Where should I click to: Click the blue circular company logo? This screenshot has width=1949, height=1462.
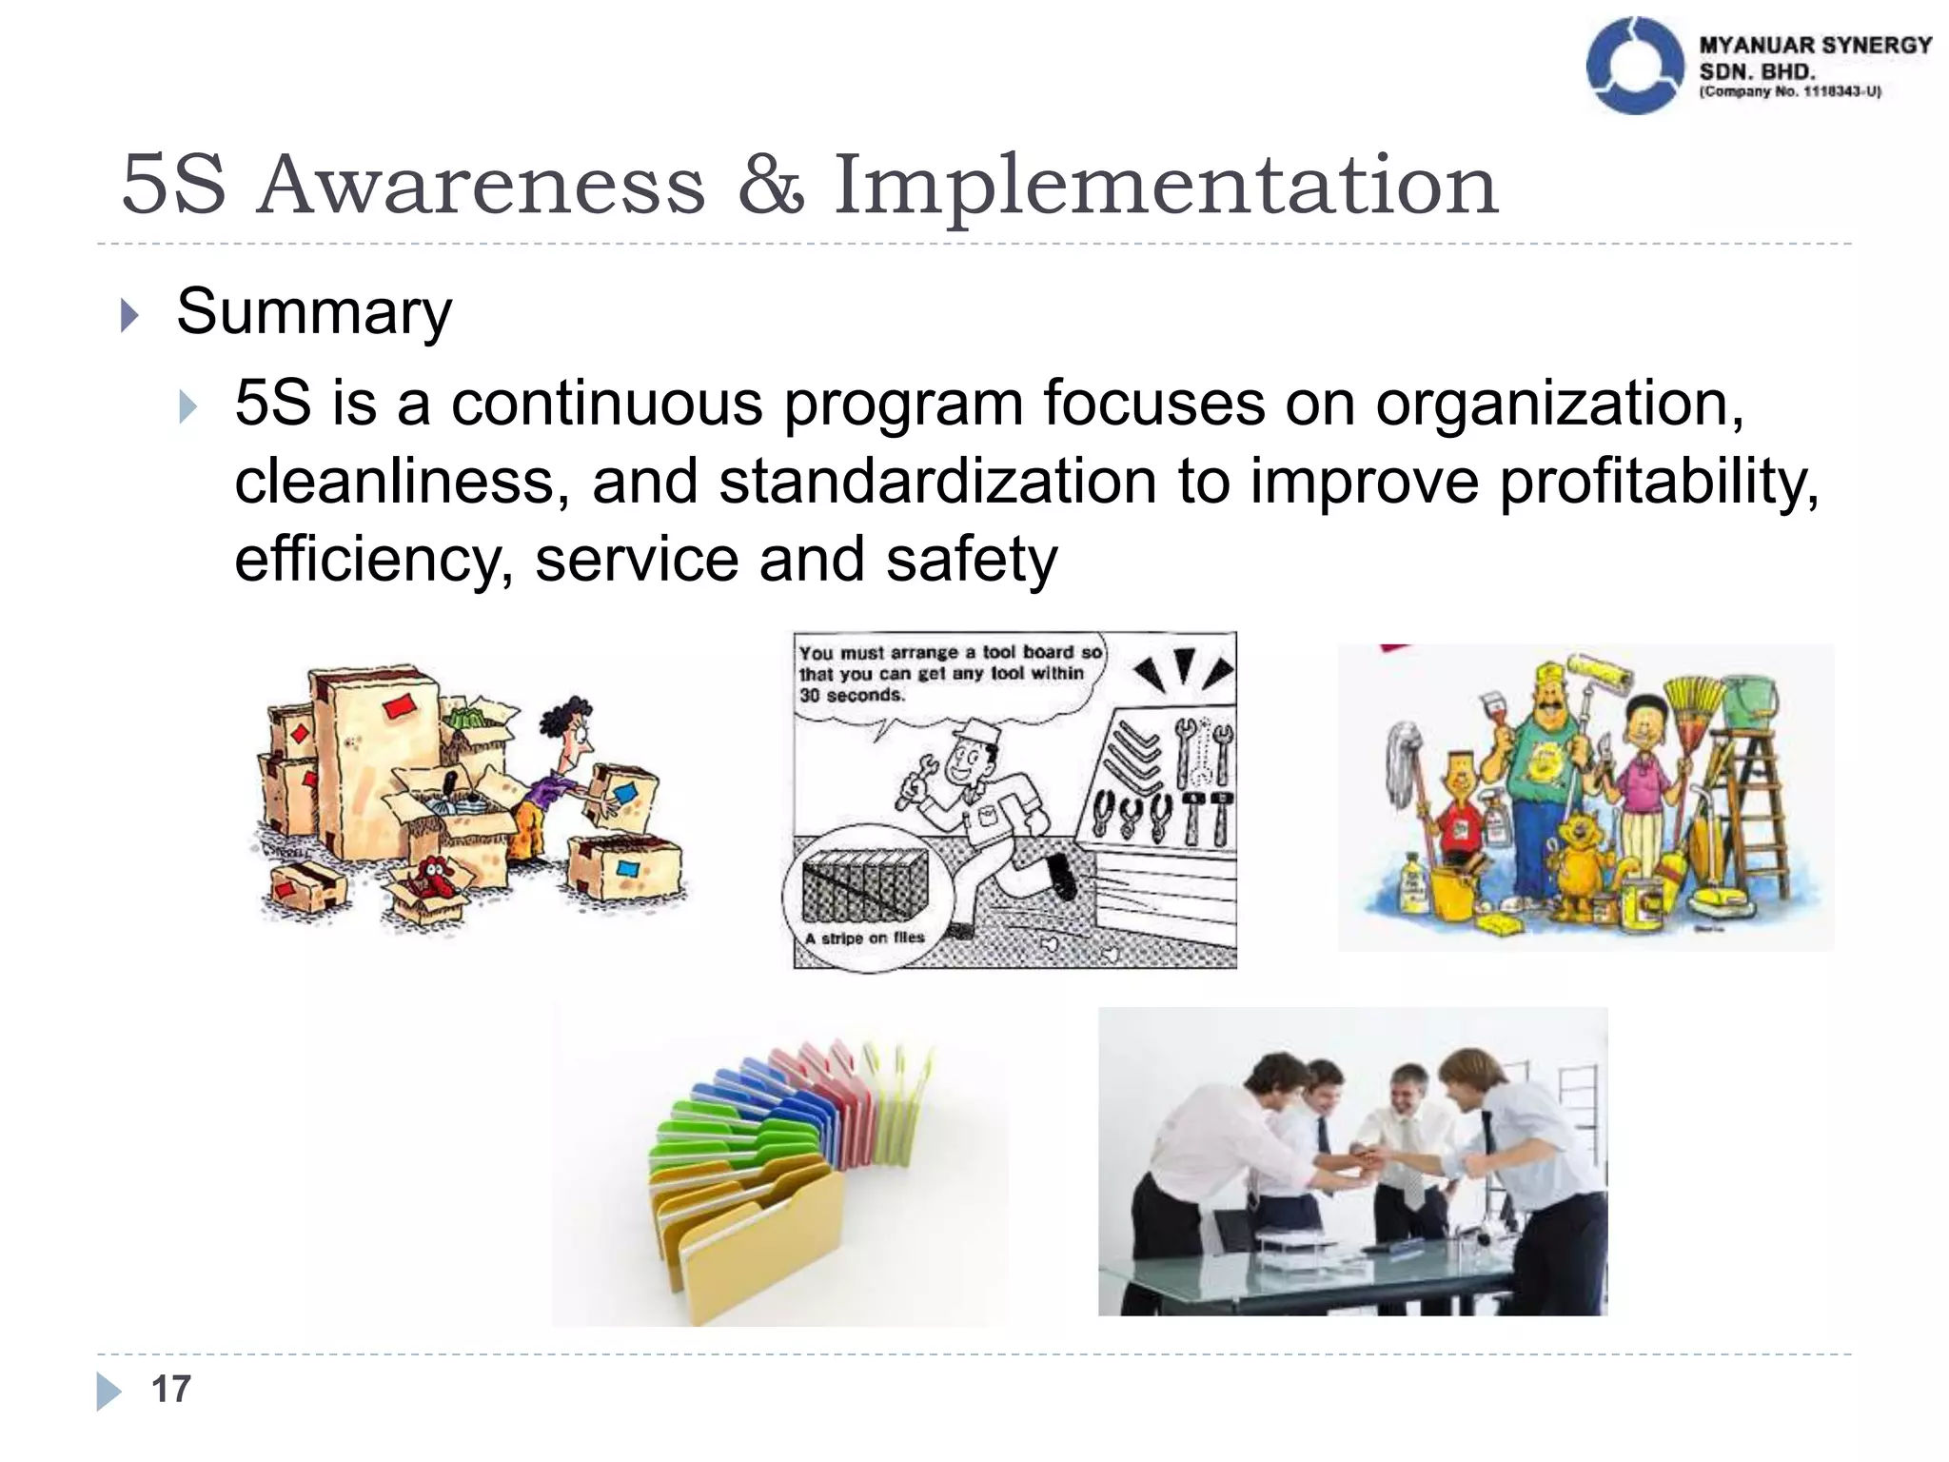tap(1633, 66)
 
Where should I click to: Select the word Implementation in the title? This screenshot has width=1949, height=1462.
tap(1165, 186)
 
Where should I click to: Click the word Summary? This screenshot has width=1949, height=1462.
tap(313, 311)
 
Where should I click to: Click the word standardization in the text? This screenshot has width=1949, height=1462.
tap(936, 482)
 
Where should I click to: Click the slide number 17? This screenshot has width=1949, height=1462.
tap(171, 1389)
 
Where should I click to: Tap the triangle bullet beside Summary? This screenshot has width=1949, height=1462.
tap(130, 315)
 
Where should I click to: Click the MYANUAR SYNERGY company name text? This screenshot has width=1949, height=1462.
tap(1814, 46)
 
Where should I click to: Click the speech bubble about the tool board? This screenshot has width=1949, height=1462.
tap(948, 675)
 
